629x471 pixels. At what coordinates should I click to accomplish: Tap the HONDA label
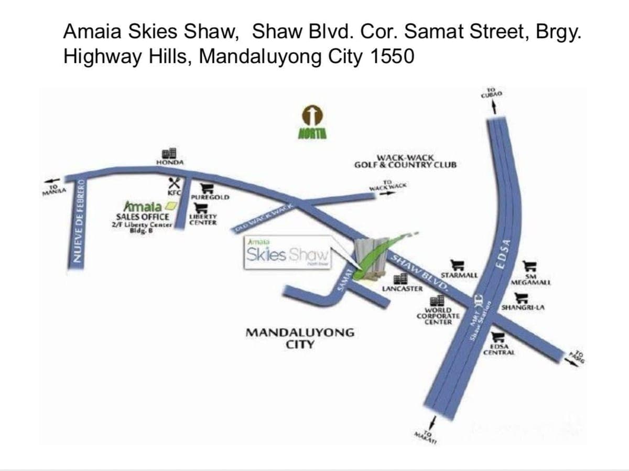tap(170, 163)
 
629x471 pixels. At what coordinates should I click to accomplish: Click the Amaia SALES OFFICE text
tap(143, 217)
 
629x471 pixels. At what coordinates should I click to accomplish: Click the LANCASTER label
tap(402, 288)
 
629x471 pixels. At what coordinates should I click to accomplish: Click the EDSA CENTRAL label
tap(499, 352)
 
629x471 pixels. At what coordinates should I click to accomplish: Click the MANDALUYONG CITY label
tap(300, 338)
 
